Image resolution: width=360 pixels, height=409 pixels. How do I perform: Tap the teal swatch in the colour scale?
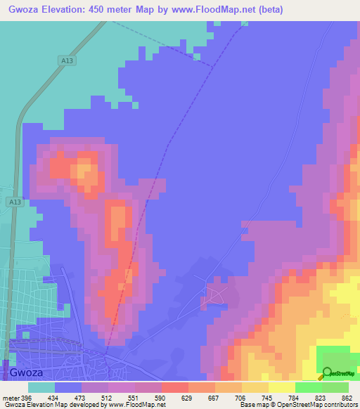[x=41, y=387]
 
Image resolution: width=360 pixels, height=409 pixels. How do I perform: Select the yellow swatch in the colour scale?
[x=282, y=387]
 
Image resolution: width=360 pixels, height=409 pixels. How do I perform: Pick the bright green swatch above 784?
[x=309, y=387]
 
